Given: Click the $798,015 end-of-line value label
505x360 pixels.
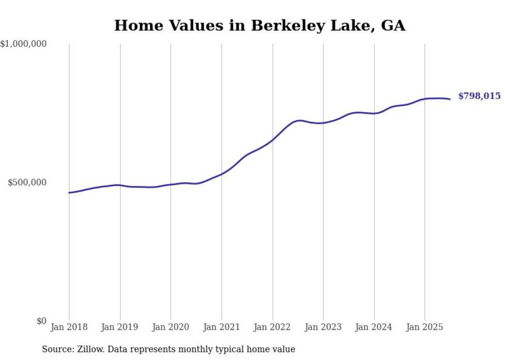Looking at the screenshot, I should [x=479, y=96].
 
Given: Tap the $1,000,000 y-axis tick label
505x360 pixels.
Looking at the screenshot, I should [x=24, y=44].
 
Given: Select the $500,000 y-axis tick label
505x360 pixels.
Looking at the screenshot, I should [x=27, y=183].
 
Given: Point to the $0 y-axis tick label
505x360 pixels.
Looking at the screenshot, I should [x=41, y=321].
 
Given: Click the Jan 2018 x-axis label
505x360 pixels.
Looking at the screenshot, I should [x=69, y=327].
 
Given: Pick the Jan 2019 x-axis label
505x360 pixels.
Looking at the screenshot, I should [x=120, y=327].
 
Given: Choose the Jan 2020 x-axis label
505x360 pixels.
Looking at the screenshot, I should [x=171, y=327].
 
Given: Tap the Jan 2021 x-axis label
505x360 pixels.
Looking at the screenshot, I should [x=222, y=327].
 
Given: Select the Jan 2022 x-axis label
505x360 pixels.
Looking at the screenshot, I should [x=273, y=327].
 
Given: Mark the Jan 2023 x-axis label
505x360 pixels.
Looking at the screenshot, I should [x=323, y=327].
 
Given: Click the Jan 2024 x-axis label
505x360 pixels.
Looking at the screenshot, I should [x=374, y=327].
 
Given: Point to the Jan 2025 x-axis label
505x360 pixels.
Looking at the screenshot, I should [x=425, y=327].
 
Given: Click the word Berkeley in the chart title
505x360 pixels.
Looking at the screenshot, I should [x=282, y=26].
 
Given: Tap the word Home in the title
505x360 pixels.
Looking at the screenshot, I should [x=133, y=26].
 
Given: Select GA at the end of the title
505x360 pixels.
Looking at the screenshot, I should [x=393, y=26].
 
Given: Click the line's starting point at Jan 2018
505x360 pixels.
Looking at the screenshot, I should [x=69, y=193].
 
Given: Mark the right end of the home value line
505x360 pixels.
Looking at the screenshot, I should [x=450, y=99].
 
